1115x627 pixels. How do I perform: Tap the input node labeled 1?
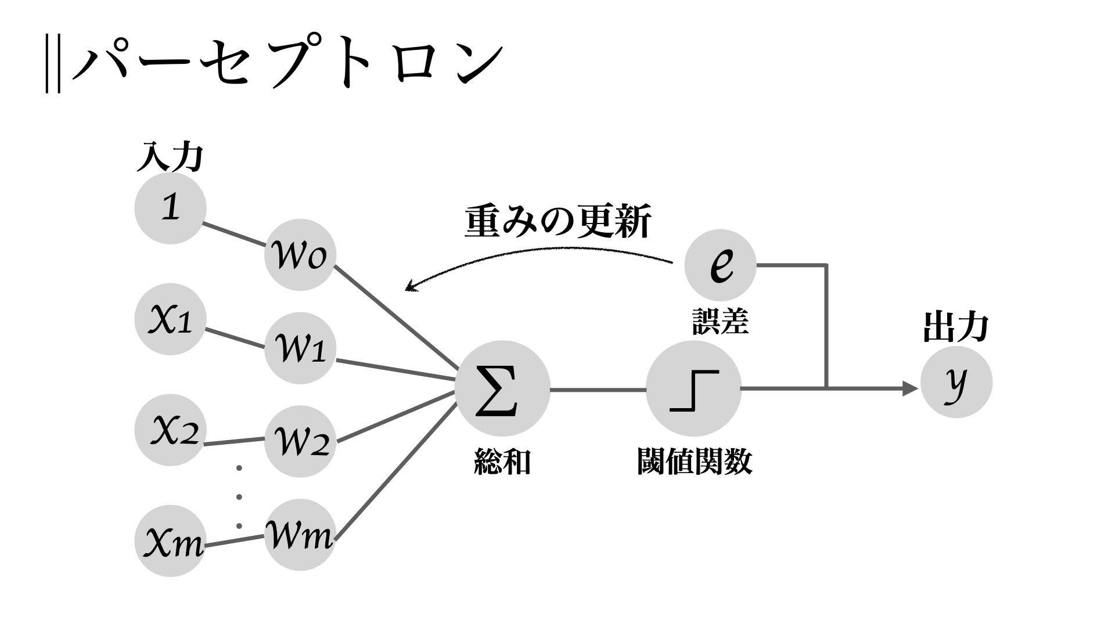170,208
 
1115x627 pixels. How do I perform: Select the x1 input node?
170,319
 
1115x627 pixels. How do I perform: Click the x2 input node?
170,430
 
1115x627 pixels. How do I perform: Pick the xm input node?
170,541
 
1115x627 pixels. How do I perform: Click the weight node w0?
300,255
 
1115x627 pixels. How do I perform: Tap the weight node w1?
300,349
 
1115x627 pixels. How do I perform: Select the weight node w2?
300,441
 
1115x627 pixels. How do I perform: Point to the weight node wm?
300,535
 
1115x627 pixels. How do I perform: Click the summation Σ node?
502,388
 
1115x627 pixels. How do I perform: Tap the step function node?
693,388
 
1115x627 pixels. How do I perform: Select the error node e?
720,265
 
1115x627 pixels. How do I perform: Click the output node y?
956,382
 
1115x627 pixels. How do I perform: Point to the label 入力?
170,157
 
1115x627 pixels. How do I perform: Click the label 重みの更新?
558,221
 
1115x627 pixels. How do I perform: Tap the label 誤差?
720,321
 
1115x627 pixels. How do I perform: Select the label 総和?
502,462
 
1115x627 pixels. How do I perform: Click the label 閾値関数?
695,462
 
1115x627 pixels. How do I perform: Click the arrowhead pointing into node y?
910,388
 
